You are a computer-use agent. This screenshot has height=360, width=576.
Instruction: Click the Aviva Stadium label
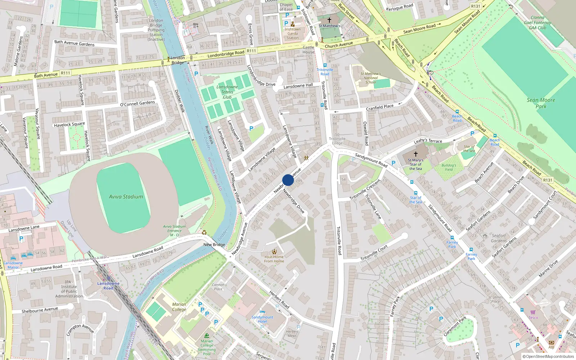(126, 197)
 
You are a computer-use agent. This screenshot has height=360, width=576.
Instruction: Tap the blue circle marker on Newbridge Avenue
(288, 180)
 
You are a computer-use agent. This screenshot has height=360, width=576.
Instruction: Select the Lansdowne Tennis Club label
(227, 92)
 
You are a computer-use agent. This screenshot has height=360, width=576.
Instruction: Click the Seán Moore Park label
(541, 103)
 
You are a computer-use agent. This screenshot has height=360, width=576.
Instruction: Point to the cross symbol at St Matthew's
(329, 20)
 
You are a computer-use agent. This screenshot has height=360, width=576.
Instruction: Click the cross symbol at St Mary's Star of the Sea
(415, 154)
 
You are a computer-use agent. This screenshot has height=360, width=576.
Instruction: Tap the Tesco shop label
(533, 318)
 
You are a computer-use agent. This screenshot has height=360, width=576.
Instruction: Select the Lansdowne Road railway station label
(108, 286)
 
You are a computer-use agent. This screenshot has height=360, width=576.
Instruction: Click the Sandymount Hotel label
(262, 319)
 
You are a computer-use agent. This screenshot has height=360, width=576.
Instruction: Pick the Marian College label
(179, 307)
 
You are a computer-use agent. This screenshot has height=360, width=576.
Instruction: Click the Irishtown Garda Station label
(292, 33)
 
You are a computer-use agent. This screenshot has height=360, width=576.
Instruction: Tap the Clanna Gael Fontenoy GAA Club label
(537, 22)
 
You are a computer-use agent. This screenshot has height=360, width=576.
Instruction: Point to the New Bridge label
(214, 245)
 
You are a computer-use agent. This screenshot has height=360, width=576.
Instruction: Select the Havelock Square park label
(69, 125)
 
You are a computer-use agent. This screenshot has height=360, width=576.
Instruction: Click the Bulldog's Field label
(449, 167)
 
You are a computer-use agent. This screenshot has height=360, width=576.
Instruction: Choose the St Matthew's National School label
(370, 78)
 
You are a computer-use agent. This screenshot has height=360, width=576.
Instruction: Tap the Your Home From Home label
(274, 259)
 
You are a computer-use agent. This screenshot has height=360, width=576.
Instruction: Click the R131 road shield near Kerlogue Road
(476, 6)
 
